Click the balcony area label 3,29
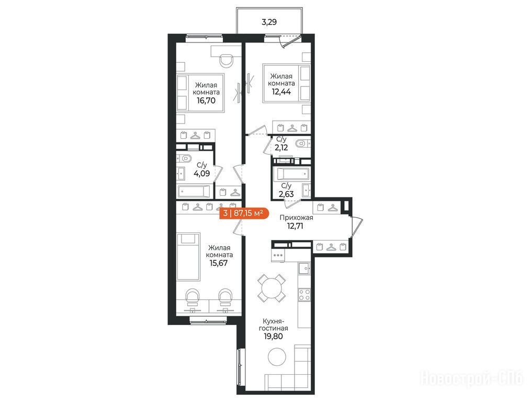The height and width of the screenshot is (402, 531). (269, 23)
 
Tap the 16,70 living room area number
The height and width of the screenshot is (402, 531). (206, 100)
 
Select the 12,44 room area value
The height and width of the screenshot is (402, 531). (281, 92)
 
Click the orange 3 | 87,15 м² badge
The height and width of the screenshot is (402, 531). (244, 214)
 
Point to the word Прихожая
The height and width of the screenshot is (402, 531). (296, 218)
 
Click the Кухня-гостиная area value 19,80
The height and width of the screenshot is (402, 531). (273, 337)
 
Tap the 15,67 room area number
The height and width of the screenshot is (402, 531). (219, 263)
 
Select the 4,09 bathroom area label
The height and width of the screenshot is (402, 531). (202, 174)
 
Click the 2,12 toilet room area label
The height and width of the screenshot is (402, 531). (281, 148)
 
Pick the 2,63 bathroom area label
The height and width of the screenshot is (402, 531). (286, 194)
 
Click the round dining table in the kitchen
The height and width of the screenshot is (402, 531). (272, 288)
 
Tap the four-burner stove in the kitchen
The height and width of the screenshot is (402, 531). (304, 294)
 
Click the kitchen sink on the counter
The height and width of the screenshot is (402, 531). (304, 269)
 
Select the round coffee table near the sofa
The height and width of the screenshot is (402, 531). (277, 356)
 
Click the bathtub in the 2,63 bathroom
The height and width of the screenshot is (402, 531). (293, 174)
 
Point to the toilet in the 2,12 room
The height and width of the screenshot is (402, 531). (302, 144)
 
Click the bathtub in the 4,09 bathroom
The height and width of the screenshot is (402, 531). (195, 192)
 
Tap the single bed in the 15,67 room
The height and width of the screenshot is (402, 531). (189, 256)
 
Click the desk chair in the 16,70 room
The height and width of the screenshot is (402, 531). (226, 61)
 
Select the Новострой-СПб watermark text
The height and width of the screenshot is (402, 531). (472, 378)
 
